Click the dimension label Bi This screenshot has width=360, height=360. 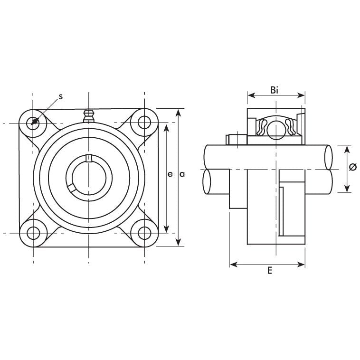point(275,89)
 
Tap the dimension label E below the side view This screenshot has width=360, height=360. point(269,271)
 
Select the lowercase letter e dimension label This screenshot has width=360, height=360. point(170,174)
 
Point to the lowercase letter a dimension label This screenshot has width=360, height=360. point(182,174)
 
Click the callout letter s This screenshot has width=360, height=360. point(61,96)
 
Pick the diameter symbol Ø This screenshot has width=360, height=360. point(352,167)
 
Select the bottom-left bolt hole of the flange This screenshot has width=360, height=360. point(34,233)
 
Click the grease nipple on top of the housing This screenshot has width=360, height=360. point(88,116)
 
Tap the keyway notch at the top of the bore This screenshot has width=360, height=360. point(88,158)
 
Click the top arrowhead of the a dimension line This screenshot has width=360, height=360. point(179,113)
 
